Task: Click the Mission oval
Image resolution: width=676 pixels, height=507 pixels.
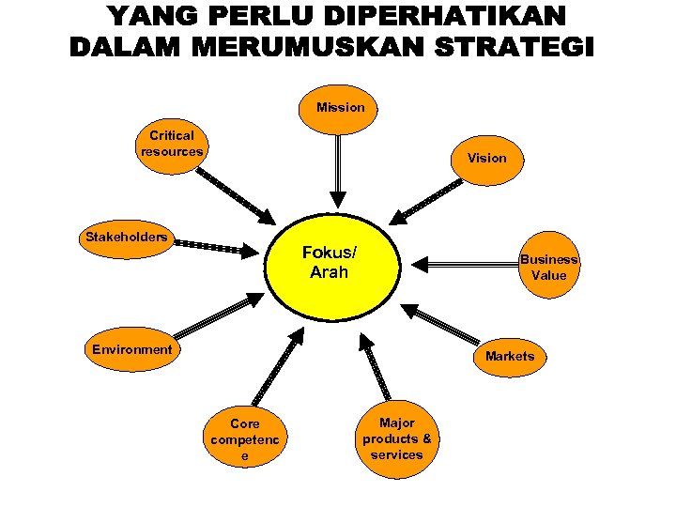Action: coord(340,108)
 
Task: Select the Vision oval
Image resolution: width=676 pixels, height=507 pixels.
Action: coord(486,158)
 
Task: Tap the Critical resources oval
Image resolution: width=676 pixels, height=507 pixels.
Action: coord(171,144)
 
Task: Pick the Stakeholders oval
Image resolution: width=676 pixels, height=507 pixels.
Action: coord(127,237)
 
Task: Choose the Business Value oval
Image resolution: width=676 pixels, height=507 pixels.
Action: coord(549,268)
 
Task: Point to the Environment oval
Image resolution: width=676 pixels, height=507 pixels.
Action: coord(132,349)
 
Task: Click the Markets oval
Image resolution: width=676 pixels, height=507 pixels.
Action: coord(510,356)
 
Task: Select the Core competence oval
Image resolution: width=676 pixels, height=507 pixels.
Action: coord(246,438)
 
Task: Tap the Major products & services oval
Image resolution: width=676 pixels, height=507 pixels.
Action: coord(397,439)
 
